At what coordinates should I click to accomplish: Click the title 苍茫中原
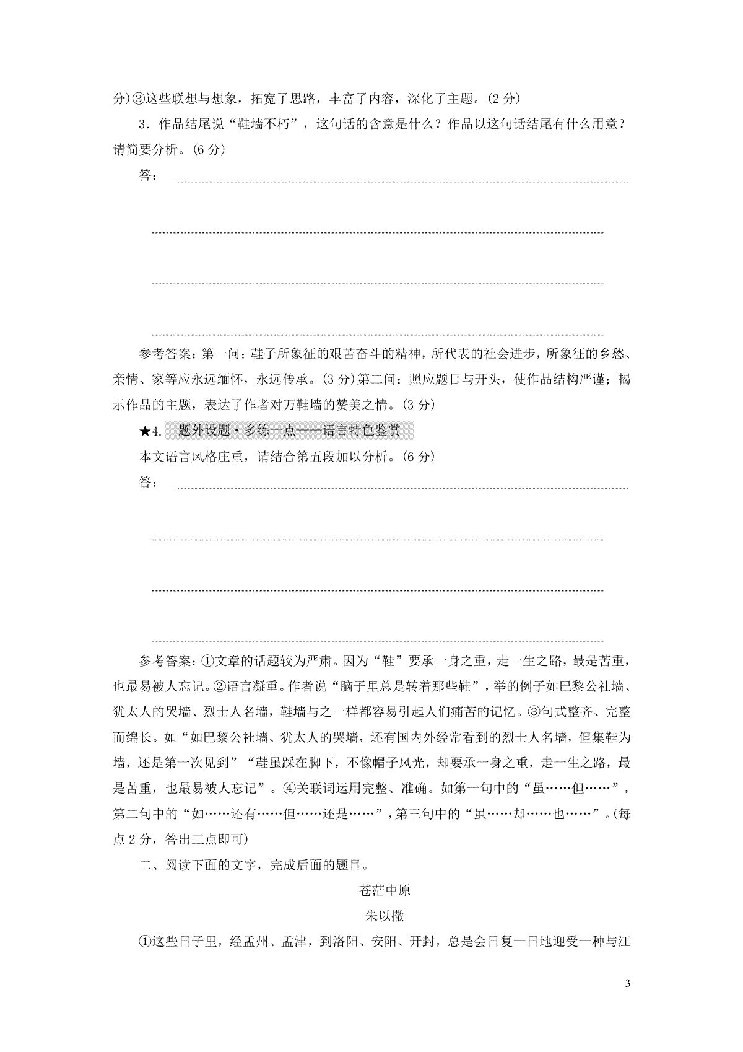[x=385, y=891]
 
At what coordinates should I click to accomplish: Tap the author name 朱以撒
[x=385, y=916]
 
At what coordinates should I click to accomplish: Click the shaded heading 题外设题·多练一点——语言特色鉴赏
[x=289, y=431]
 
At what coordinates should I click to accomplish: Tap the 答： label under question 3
[x=147, y=175]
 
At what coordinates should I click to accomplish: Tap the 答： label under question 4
[x=147, y=482]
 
